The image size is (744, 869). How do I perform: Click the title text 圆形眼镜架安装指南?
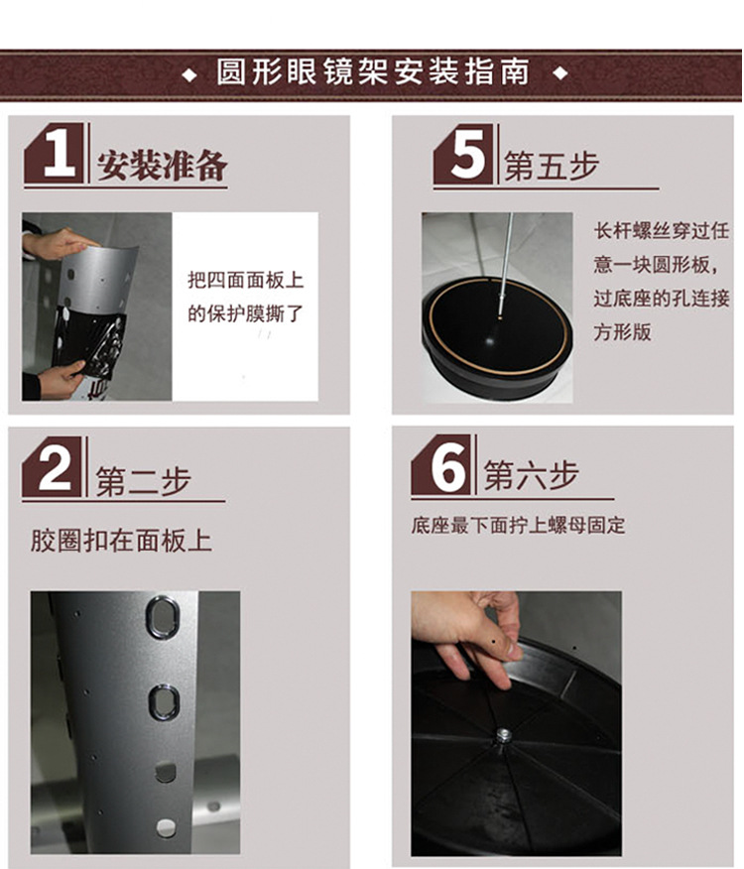tap(373, 72)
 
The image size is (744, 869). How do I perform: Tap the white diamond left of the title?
tap(189, 74)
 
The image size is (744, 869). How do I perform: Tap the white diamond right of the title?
tap(560, 72)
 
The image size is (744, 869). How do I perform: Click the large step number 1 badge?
tap(55, 153)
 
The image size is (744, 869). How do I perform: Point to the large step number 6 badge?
tap(441, 464)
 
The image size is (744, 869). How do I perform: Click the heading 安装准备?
tap(162, 165)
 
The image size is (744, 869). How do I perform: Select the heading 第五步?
tap(552, 166)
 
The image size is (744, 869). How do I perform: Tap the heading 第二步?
tap(144, 480)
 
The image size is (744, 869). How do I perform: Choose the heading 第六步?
tap(531, 475)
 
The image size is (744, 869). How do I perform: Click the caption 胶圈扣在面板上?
tap(121, 541)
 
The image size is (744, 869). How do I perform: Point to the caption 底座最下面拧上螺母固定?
tap(518, 525)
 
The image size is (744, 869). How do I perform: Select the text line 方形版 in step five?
tap(622, 332)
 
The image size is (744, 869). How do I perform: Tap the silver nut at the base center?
tap(503, 735)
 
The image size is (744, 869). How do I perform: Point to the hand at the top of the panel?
tap(59, 243)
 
